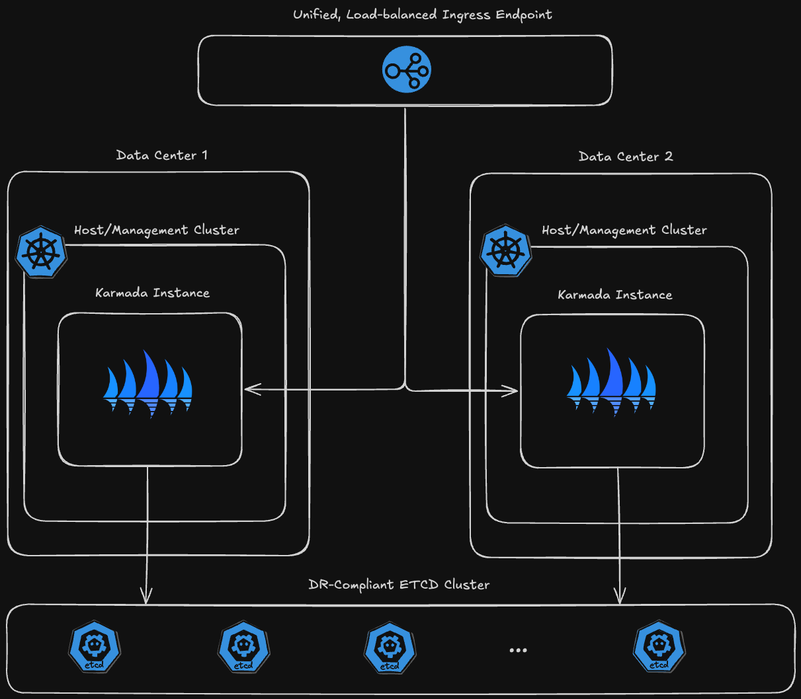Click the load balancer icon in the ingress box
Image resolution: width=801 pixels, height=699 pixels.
point(407,70)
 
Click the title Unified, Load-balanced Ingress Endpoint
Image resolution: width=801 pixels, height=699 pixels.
point(423,15)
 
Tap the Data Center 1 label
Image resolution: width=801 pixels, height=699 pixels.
point(162,155)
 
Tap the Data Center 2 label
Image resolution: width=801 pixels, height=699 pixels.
point(626,157)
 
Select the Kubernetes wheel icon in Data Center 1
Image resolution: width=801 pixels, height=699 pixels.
point(42,252)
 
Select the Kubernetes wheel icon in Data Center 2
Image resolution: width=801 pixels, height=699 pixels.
point(506,251)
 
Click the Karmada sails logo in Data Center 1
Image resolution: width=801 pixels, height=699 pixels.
point(148,385)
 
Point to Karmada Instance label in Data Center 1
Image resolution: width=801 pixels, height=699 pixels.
point(153,293)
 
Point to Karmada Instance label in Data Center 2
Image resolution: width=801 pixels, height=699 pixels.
point(615,295)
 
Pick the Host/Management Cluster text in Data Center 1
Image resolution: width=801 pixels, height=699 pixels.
point(157,230)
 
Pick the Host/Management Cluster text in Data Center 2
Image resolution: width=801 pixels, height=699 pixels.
point(624,230)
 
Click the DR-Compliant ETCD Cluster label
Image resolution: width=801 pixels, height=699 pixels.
point(400,585)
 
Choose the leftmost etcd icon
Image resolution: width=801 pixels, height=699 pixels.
point(95,646)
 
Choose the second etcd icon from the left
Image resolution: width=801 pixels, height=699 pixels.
point(244,646)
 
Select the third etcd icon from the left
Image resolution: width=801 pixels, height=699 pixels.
point(390,647)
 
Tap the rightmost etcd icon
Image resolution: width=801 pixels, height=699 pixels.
point(659,646)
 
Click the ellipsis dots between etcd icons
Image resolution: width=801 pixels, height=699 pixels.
point(519,650)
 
